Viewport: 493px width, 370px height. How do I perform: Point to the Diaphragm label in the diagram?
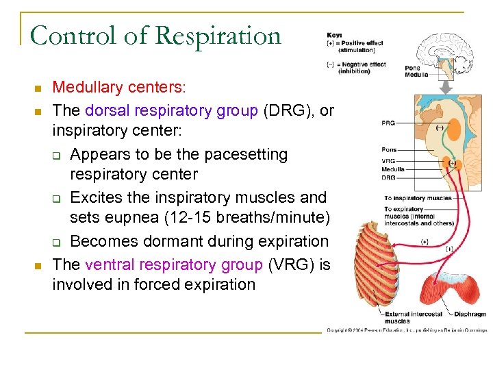[x=470, y=314]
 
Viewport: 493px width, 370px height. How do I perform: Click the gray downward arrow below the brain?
[x=445, y=86]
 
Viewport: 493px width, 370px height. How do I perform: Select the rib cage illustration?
[x=380, y=260]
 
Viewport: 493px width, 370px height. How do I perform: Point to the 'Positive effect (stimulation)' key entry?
[x=356, y=47]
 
